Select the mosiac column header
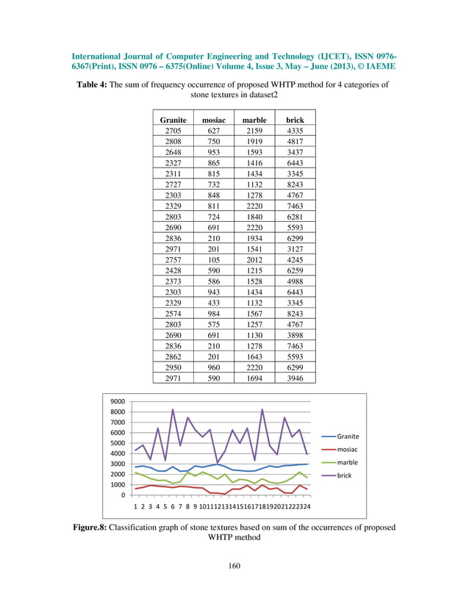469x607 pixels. (x=214, y=119)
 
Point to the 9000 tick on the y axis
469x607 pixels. (x=118, y=402)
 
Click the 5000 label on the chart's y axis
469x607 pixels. (x=118, y=443)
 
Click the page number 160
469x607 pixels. (x=234, y=565)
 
